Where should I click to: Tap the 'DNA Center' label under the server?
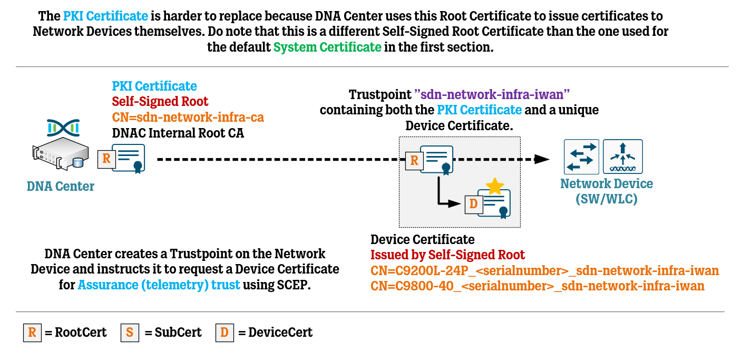coord(61,186)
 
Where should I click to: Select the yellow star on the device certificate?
coord(494,186)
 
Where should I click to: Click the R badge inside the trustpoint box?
coord(414,161)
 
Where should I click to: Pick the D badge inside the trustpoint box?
coord(473,204)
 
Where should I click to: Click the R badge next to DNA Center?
coord(106,159)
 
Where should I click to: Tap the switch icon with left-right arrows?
coord(581,157)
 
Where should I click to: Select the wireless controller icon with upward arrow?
coord(622,157)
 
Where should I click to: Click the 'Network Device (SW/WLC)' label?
coord(606,191)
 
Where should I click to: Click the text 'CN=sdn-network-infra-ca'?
coord(188,117)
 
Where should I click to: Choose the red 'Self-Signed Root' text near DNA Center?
coord(160,101)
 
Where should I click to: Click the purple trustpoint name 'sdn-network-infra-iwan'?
coord(493,95)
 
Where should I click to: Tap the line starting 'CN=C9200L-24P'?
coord(544,271)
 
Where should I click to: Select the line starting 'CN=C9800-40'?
coord(538,286)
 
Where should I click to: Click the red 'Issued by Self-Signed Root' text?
coord(447,255)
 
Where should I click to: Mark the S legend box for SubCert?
coord(130,333)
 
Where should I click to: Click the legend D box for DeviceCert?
coord(224,333)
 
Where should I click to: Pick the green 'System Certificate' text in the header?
coord(327,47)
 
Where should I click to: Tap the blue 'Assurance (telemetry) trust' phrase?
coord(159,285)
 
